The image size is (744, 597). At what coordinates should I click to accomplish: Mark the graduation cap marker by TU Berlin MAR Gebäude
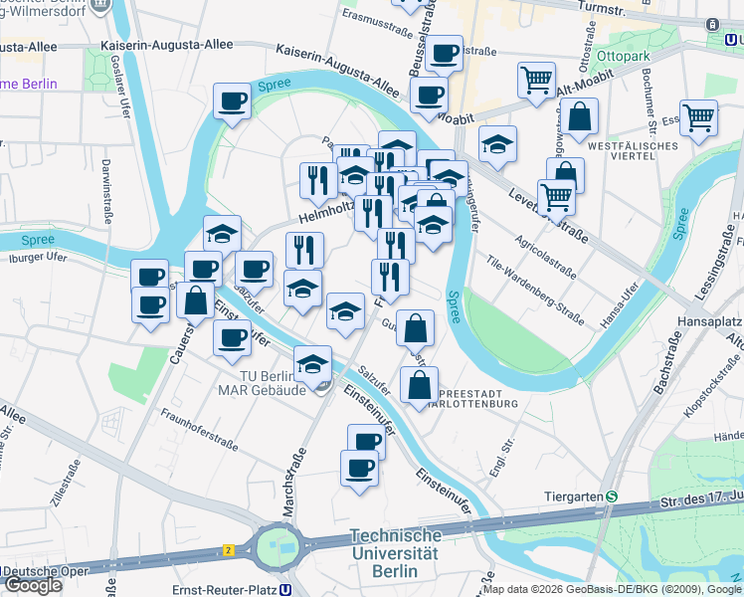point(313,362)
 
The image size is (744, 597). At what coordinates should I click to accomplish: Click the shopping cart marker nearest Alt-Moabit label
point(537,79)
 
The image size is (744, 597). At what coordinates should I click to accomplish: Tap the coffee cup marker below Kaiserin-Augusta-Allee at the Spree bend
point(233,100)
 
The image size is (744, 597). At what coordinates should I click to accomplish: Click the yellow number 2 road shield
point(228,549)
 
